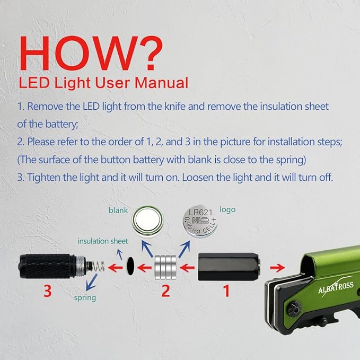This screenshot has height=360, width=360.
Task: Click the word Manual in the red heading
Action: click(x=161, y=83)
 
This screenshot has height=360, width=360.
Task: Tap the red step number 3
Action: click(x=47, y=291)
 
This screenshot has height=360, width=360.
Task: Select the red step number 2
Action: click(x=166, y=291)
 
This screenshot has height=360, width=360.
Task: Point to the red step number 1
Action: click(x=226, y=291)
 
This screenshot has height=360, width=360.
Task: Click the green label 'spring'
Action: click(x=85, y=298)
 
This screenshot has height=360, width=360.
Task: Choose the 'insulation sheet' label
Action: click(x=103, y=241)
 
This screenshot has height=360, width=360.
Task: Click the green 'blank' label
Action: click(x=118, y=210)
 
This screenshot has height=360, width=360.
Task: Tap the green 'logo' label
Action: click(x=227, y=210)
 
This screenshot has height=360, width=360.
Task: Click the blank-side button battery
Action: click(x=147, y=221)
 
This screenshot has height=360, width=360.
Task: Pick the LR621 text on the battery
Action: click(x=200, y=212)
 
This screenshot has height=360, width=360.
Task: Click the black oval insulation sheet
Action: click(x=130, y=266)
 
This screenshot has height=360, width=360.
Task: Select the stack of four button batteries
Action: click(x=165, y=267)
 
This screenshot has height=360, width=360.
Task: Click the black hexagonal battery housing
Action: click(x=229, y=267)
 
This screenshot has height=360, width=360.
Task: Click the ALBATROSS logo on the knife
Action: click(x=336, y=287)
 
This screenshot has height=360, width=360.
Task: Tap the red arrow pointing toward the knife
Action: click(x=277, y=267)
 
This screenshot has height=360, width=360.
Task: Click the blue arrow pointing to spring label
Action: click(x=91, y=282)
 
